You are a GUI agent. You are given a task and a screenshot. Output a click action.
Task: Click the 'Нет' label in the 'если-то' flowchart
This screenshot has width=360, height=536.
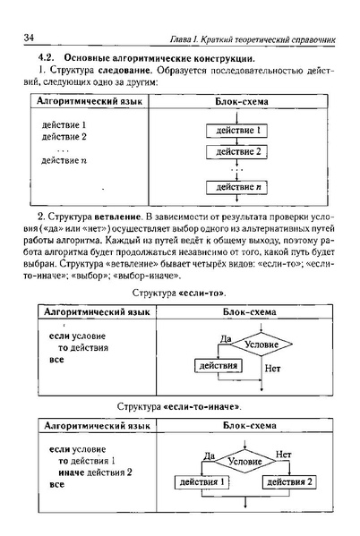point(272,368)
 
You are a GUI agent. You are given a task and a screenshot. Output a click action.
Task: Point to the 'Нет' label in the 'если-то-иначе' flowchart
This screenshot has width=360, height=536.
point(284,455)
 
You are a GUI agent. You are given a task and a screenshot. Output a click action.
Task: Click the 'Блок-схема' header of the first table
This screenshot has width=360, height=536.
point(237,102)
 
